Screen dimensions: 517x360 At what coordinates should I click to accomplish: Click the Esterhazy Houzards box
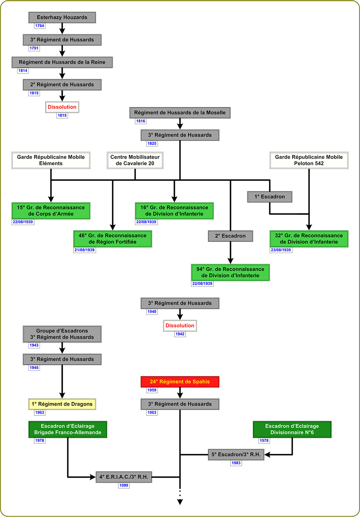(62, 18)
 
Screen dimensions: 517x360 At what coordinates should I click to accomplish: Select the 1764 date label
(40, 26)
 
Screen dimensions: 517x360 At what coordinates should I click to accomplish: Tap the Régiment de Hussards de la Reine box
(62, 62)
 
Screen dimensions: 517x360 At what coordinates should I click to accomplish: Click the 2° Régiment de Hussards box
(62, 85)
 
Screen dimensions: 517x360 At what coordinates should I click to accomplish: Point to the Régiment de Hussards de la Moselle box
(180, 113)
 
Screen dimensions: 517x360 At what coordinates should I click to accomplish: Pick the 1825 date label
(151, 143)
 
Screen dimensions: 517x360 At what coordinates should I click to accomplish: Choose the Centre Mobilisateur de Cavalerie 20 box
(135, 160)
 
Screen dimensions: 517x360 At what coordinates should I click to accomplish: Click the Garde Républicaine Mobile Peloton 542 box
(309, 160)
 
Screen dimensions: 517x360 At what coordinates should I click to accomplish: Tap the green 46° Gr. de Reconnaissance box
(112, 239)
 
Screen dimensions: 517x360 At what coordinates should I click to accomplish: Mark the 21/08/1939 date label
(84, 250)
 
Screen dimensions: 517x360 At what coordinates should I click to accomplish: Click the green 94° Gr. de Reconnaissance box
(231, 272)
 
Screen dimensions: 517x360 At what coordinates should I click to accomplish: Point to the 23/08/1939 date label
(281, 250)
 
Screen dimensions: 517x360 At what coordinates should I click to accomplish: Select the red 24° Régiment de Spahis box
(180, 382)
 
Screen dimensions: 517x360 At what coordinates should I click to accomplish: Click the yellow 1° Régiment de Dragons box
(62, 404)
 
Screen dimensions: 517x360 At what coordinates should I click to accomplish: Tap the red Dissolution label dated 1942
(180, 326)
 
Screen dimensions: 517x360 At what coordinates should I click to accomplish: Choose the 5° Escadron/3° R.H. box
(236, 454)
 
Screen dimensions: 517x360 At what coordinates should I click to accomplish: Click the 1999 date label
(123, 485)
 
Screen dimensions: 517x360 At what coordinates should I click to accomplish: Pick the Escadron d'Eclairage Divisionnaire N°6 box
(292, 430)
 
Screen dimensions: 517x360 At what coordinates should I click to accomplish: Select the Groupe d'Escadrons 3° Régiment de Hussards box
(62, 334)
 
